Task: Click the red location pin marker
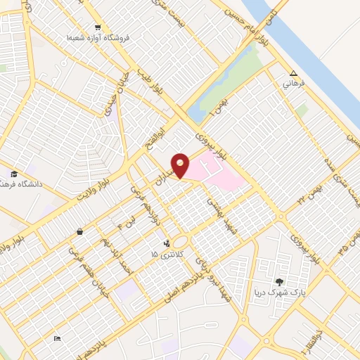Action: click(181, 165)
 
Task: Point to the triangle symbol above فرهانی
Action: click(294, 73)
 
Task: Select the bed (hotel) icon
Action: click(57, 339)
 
